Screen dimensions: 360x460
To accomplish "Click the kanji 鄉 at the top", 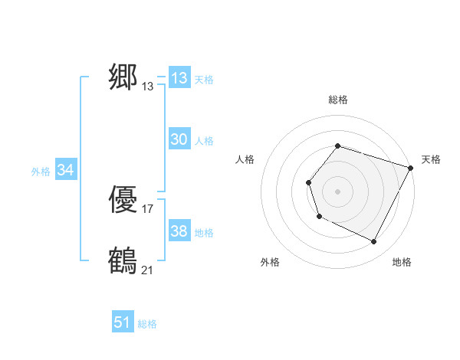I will tap(123, 77).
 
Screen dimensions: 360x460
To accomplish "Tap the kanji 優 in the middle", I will tap(123, 201).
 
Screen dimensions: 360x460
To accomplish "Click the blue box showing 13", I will tap(179, 78).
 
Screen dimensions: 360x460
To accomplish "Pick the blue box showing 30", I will tap(179, 139).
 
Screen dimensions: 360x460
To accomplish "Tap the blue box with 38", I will tap(179, 231).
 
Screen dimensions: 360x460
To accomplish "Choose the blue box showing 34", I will tap(65, 170).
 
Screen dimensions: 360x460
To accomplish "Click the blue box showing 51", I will tap(123, 322).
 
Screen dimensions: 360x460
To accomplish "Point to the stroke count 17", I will tap(148, 208).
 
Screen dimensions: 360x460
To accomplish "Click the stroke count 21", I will tap(148, 270).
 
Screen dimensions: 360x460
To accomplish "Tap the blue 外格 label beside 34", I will tap(41, 172).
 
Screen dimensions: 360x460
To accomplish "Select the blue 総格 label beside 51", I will tap(147, 324).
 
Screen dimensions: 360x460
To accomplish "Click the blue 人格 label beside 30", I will tap(204, 141).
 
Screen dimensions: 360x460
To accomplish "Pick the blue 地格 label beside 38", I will tap(204, 233).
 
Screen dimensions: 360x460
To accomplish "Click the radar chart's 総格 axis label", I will tap(337, 100).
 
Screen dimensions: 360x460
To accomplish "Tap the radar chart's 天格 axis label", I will tap(431, 159).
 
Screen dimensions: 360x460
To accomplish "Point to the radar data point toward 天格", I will tap(411, 168).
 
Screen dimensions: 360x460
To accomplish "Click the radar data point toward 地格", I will tap(374, 242).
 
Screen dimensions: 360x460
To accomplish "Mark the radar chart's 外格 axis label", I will tap(270, 263).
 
